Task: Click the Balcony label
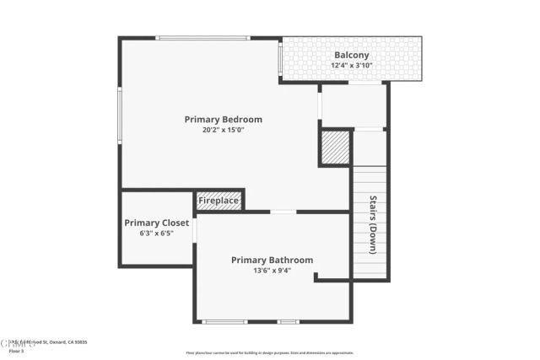352,56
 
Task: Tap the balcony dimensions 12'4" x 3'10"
352,66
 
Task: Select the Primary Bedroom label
224,120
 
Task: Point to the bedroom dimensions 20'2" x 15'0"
224,130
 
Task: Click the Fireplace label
219,201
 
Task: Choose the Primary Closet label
157,223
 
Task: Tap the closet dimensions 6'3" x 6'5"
157,234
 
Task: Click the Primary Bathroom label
273,261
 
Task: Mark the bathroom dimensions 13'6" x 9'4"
273,271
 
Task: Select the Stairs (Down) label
372,225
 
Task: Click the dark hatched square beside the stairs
335,147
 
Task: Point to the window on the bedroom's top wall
203,38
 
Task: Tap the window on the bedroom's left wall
121,116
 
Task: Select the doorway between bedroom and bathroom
283,212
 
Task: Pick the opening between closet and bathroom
195,230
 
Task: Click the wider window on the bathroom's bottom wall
225,321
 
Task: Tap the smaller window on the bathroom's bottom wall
289,321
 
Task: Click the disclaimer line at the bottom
270,353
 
